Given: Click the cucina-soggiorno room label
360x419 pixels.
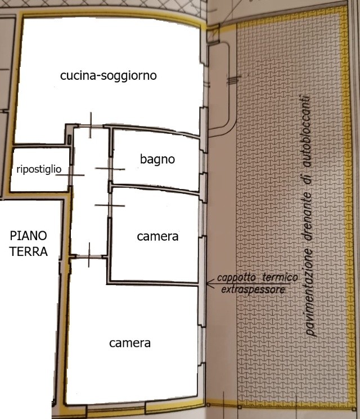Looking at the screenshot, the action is (108, 75).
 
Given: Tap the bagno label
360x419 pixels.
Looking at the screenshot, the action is (157, 160).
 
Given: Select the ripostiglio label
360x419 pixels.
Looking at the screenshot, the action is (39, 169).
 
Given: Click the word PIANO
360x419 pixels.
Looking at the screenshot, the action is (28, 236).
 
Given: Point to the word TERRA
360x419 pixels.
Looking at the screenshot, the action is (29, 251).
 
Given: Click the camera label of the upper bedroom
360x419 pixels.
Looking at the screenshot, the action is (157, 236).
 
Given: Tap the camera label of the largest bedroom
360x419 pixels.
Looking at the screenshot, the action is (130, 343).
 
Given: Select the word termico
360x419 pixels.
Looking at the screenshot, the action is (280, 277).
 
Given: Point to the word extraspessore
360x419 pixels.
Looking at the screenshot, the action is (253, 290).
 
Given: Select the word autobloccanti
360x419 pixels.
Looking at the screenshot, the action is (305, 131).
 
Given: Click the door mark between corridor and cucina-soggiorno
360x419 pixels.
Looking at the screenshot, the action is (91, 125).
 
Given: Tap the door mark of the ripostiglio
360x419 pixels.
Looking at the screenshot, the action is (70, 175).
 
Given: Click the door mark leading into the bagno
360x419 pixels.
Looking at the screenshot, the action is (110, 169).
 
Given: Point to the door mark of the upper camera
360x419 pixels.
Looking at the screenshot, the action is (110, 205).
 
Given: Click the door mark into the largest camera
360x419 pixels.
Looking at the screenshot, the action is (89, 255).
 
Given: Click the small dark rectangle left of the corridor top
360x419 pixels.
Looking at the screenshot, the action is (69, 139).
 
